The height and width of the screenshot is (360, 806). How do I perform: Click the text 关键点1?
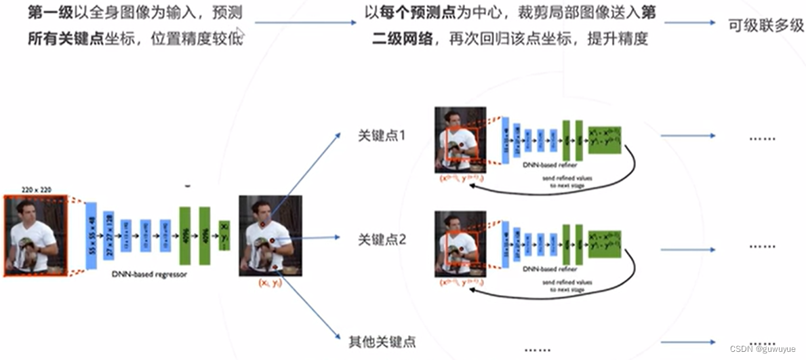pyautogui.click(x=382, y=136)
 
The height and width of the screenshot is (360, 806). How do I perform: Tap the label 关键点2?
pyautogui.click(x=382, y=239)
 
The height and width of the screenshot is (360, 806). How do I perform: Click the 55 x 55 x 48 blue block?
pyautogui.click(x=92, y=235)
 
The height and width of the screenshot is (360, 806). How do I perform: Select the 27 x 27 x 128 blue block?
pyautogui.click(x=108, y=235)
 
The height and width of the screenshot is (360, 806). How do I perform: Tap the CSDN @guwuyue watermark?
pyautogui.click(x=767, y=348)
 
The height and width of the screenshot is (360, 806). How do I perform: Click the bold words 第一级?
pyautogui.click(x=46, y=12)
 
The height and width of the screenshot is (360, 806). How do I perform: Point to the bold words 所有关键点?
pyautogui.click(x=56, y=38)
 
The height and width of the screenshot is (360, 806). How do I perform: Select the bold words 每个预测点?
pyautogui.click(x=419, y=12)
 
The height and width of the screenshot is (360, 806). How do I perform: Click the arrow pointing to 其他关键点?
pyautogui.click(x=312, y=308)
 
